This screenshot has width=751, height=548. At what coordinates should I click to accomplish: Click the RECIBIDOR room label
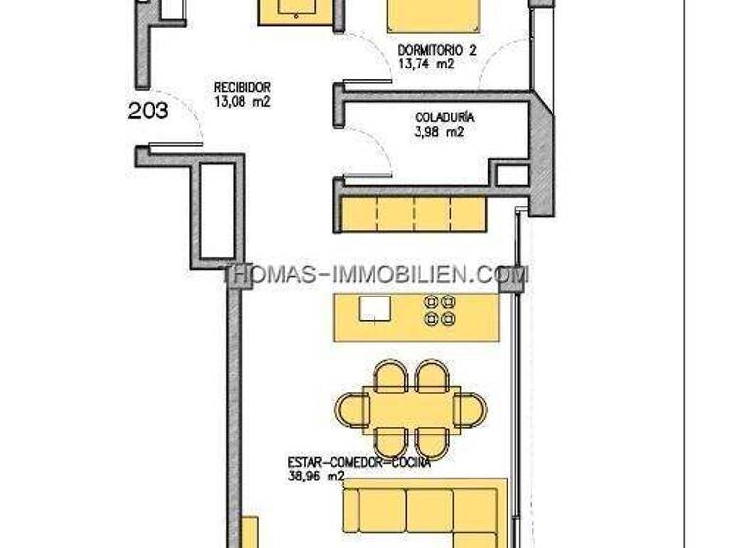[x=242, y=86]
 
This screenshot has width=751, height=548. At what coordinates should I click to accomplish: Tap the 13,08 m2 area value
[x=242, y=99]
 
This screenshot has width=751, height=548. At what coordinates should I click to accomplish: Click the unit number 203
[x=148, y=111]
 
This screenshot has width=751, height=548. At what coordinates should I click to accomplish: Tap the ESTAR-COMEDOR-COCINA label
[x=360, y=463]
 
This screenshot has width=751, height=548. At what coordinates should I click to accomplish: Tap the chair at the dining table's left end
[x=348, y=407]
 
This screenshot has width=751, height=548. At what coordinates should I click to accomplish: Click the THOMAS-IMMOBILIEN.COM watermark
[x=375, y=275]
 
